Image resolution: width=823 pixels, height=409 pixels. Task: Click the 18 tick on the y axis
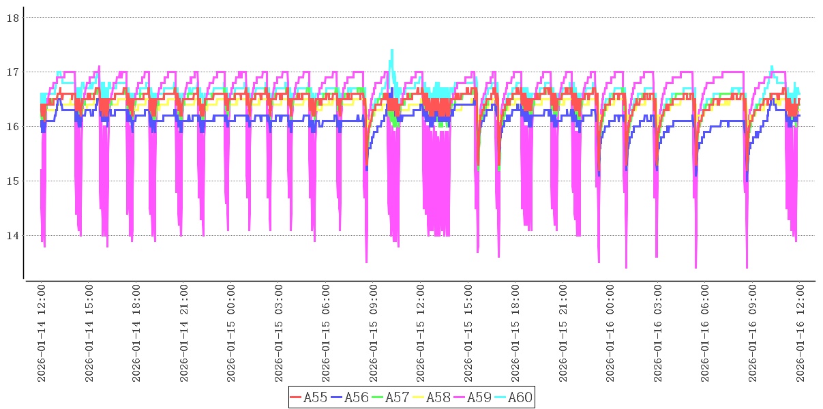[12, 18]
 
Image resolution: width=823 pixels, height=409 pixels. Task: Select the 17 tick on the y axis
[12, 72]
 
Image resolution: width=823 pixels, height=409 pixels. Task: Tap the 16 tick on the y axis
[12, 127]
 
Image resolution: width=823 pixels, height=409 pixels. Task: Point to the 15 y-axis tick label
[12, 181]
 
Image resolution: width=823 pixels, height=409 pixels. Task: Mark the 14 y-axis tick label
[12, 236]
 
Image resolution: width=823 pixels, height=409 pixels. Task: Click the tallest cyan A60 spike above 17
[392, 50]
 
